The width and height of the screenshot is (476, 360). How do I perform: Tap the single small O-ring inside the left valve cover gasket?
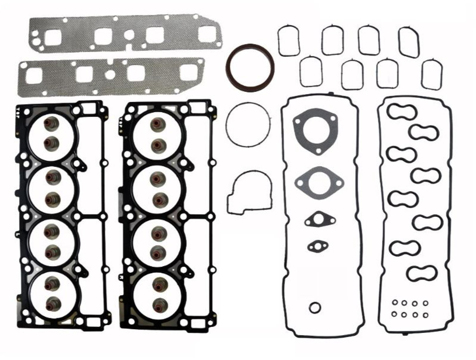click(315, 307)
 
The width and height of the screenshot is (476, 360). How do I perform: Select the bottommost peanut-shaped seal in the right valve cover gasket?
click(421, 273)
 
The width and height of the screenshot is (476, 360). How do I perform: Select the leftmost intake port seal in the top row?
click(289, 41)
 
